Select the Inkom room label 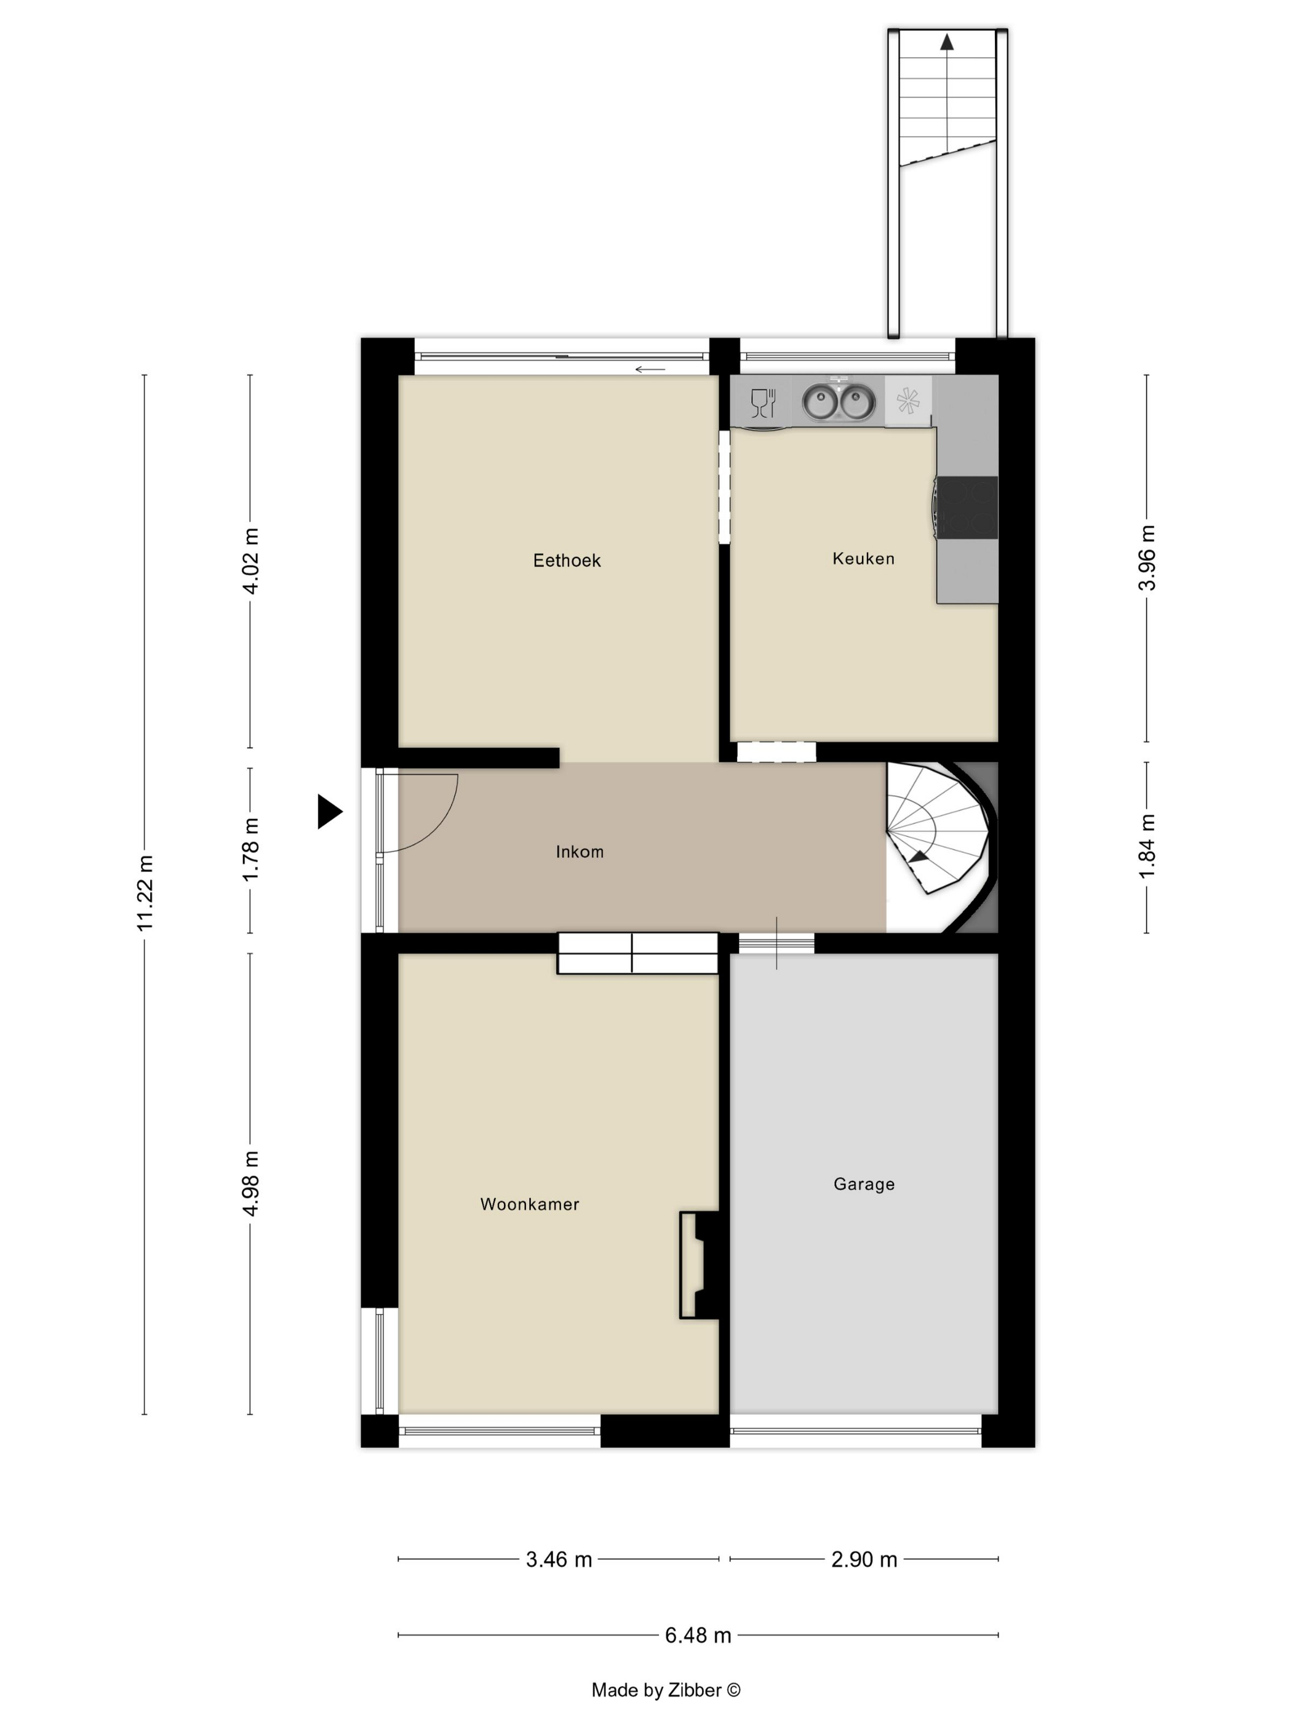tap(580, 852)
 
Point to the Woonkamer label tap(530, 1204)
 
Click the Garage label tap(864, 1184)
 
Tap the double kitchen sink tap(839, 402)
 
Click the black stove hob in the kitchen tap(967, 507)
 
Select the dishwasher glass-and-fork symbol tap(764, 402)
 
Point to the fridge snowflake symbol tap(908, 401)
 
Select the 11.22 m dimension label tap(145, 893)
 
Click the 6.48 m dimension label tap(698, 1635)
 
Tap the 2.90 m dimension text tap(864, 1559)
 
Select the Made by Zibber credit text tap(666, 1690)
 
